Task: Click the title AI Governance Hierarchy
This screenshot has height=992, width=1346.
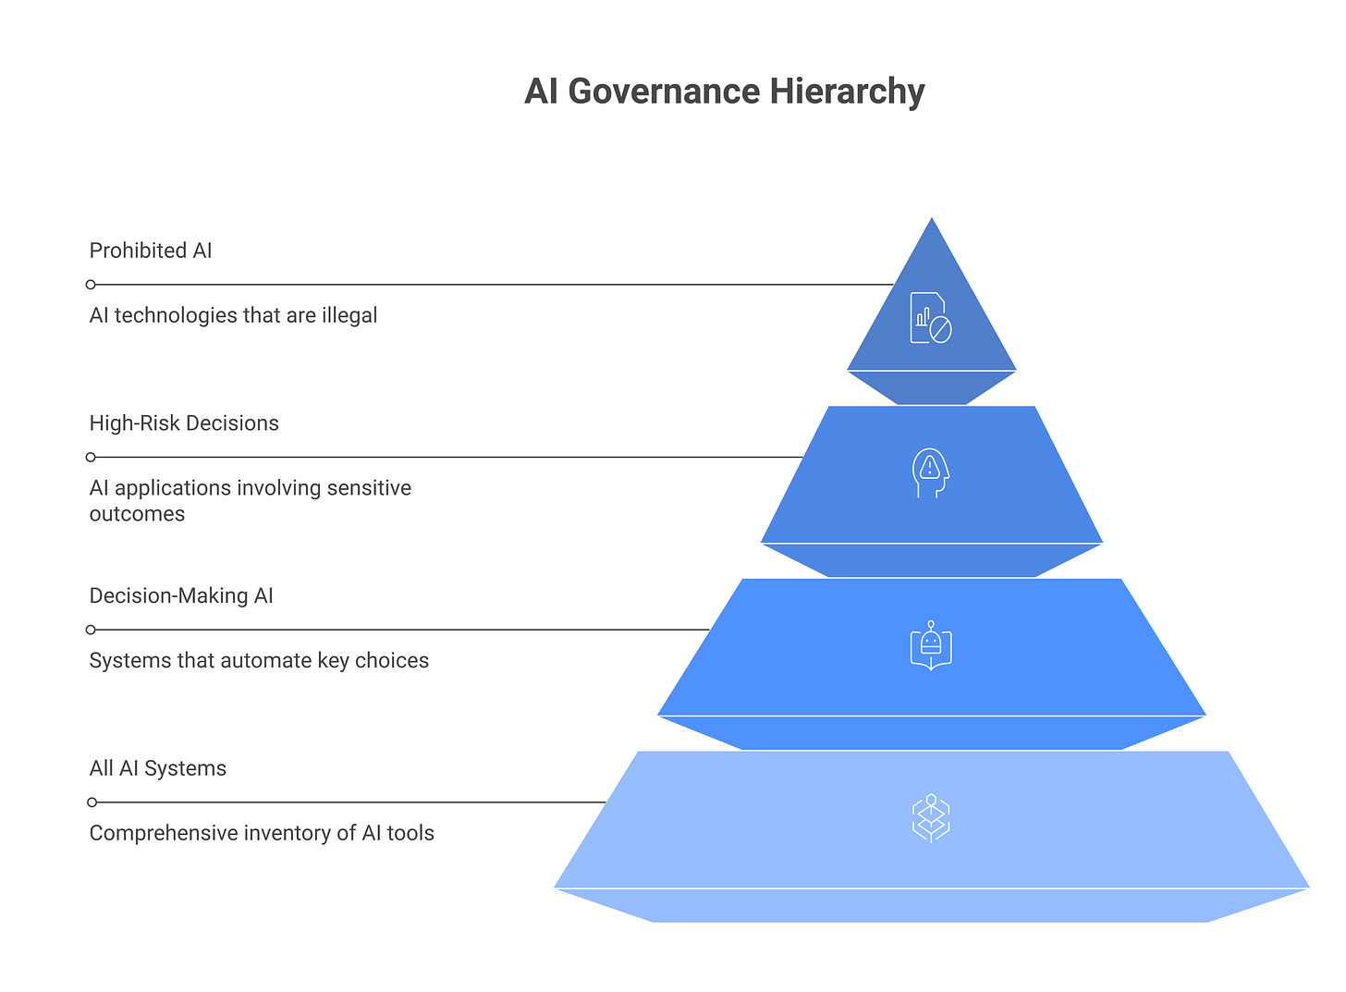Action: (724, 92)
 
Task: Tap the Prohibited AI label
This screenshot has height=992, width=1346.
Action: (151, 251)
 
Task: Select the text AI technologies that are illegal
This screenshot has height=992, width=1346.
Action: (233, 315)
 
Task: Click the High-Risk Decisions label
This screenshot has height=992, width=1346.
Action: (184, 423)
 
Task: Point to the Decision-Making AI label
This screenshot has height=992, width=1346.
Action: (181, 596)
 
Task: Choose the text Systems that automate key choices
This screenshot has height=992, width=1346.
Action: (259, 661)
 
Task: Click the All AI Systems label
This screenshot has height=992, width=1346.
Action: (158, 769)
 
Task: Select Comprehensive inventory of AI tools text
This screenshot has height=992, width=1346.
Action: (262, 834)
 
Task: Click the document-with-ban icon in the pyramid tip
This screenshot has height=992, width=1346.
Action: (931, 318)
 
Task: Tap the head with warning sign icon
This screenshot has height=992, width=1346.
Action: (931, 472)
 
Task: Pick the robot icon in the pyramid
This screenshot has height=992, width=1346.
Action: (931, 645)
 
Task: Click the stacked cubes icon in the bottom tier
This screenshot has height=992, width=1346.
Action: (931, 818)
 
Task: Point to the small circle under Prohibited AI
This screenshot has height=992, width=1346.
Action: (91, 285)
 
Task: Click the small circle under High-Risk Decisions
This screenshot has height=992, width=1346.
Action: (91, 457)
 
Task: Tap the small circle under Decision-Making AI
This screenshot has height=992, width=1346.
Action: (91, 630)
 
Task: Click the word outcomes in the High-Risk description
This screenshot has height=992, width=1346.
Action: (137, 514)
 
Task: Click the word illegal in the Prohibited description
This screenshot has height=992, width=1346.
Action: (349, 315)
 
